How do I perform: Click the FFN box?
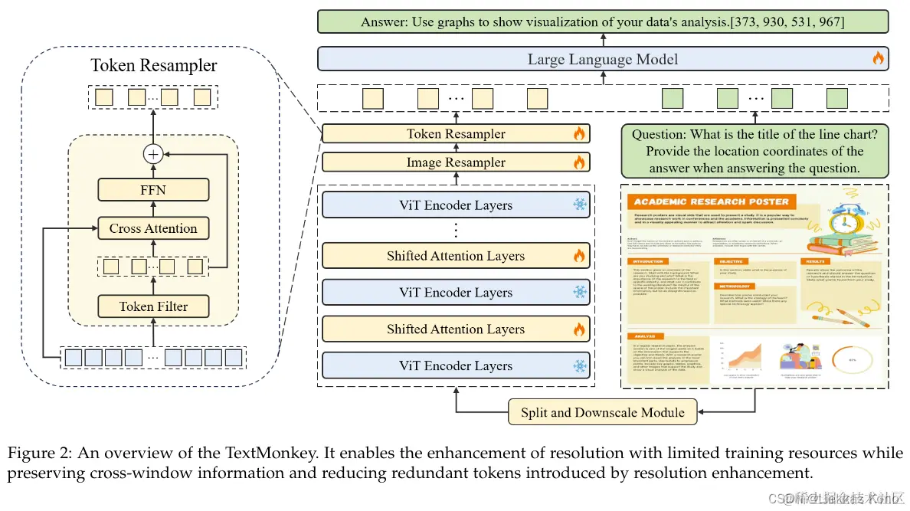coord(153,189)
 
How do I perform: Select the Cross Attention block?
coord(153,228)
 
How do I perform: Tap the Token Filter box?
coord(153,306)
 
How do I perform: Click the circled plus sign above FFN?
coord(153,154)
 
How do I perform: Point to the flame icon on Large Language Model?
coord(878,58)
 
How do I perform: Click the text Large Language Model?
coord(603,59)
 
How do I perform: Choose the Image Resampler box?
coord(456,162)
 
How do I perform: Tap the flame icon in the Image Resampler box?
coord(579,162)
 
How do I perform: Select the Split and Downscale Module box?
coord(603,412)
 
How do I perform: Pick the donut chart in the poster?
coord(852,358)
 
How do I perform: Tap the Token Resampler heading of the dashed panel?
coord(154,65)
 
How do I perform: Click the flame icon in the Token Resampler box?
coord(579,134)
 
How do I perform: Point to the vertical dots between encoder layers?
coord(456,230)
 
